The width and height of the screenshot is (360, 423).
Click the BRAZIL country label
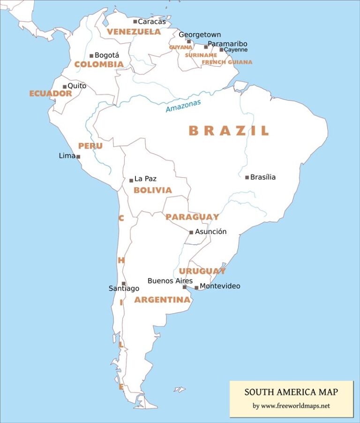click(x=229, y=131)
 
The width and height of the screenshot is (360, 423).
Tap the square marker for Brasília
click(x=247, y=177)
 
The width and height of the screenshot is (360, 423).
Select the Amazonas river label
click(x=183, y=106)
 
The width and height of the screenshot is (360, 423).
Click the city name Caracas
click(x=152, y=22)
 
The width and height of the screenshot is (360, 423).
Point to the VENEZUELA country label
click(x=134, y=32)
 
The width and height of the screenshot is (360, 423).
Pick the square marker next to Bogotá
click(x=91, y=56)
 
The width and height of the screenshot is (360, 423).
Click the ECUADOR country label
click(x=51, y=93)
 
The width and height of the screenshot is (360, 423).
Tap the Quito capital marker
click(x=65, y=87)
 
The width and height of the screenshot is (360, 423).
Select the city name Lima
click(x=67, y=156)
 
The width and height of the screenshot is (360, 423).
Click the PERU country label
click(x=90, y=146)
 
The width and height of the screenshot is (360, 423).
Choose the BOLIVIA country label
click(x=152, y=190)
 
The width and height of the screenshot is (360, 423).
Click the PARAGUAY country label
click(x=192, y=217)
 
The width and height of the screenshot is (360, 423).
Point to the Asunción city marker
click(x=191, y=232)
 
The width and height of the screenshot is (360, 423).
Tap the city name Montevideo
click(x=220, y=286)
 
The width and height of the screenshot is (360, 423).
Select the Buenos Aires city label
click(x=170, y=281)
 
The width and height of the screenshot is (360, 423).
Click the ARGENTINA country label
click(x=162, y=300)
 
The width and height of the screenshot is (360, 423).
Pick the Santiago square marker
click(x=124, y=283)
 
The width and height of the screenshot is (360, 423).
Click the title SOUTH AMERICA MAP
click(x=291, y=392)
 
